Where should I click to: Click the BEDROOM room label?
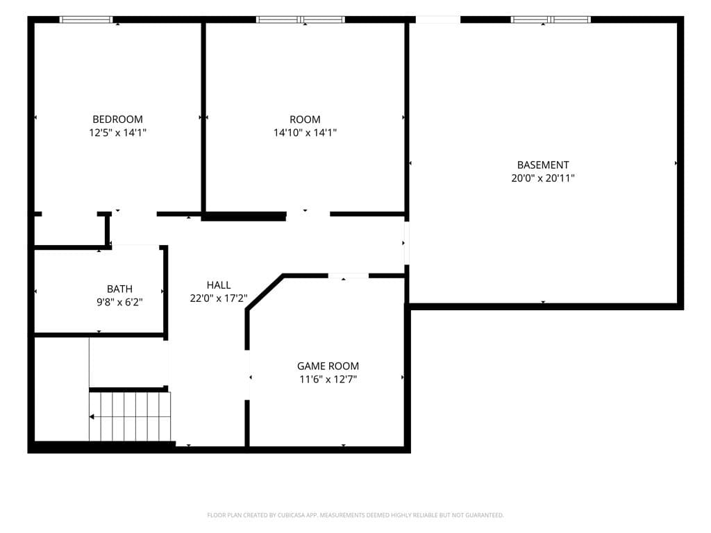point(117,119)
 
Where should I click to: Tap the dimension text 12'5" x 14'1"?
point(117,133)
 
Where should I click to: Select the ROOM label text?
point(305,119)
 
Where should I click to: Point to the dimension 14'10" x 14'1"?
point(305,133)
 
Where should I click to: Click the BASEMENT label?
point(543,165)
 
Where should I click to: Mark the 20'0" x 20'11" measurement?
point(543,178)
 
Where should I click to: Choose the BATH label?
point(119,289)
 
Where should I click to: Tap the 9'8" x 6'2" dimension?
point(119,302)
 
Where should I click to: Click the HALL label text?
point(219,285)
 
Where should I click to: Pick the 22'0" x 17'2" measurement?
point(219,298)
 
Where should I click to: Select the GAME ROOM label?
point(328,366)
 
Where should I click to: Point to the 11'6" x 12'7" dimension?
point(328,379)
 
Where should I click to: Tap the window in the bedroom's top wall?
point(86,19)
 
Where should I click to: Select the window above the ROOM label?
point(300,19)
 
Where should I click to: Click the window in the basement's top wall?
point(551,19)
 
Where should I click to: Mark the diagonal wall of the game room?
point(265,292)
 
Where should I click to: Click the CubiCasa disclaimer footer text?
point(355,515)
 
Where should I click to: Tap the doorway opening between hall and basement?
point(407,243)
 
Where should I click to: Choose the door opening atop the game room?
point(349,276)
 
